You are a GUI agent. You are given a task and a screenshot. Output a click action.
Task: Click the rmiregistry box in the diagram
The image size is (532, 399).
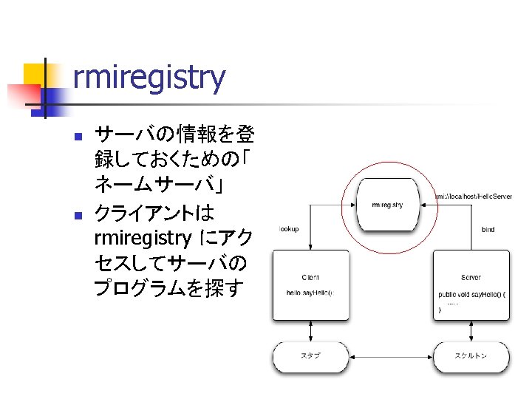tap(387, 204)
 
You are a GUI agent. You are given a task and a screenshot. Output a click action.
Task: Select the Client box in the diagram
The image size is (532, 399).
tap(310, 284)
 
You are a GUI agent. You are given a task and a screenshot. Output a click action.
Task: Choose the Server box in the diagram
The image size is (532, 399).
tap(471, 284)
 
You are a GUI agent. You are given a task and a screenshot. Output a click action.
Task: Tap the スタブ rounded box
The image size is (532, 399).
tap(310, 356)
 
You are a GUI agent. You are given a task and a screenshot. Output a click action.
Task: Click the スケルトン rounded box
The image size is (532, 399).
tap(471, 356)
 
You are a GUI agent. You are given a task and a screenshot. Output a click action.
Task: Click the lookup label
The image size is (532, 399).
tap(289, 229)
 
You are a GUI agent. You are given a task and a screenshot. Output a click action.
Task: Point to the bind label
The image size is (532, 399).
tap(488, 229)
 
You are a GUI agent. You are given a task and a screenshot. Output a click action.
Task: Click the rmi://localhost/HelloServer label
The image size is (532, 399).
tap(474, 197)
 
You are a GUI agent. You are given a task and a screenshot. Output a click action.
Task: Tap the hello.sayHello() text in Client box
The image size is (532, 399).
tap(310, 293)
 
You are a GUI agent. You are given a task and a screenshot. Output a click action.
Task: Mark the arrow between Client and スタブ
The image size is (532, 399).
tap(310, 330)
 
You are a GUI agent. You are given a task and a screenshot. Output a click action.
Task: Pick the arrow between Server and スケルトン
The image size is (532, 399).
tap(471, 330)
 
